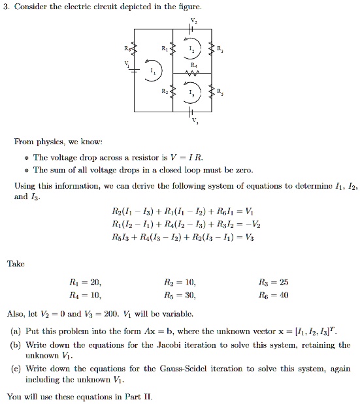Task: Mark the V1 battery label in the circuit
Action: click(127, 64)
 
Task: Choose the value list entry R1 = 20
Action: click(85, 283)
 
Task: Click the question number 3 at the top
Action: click(6, 7)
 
